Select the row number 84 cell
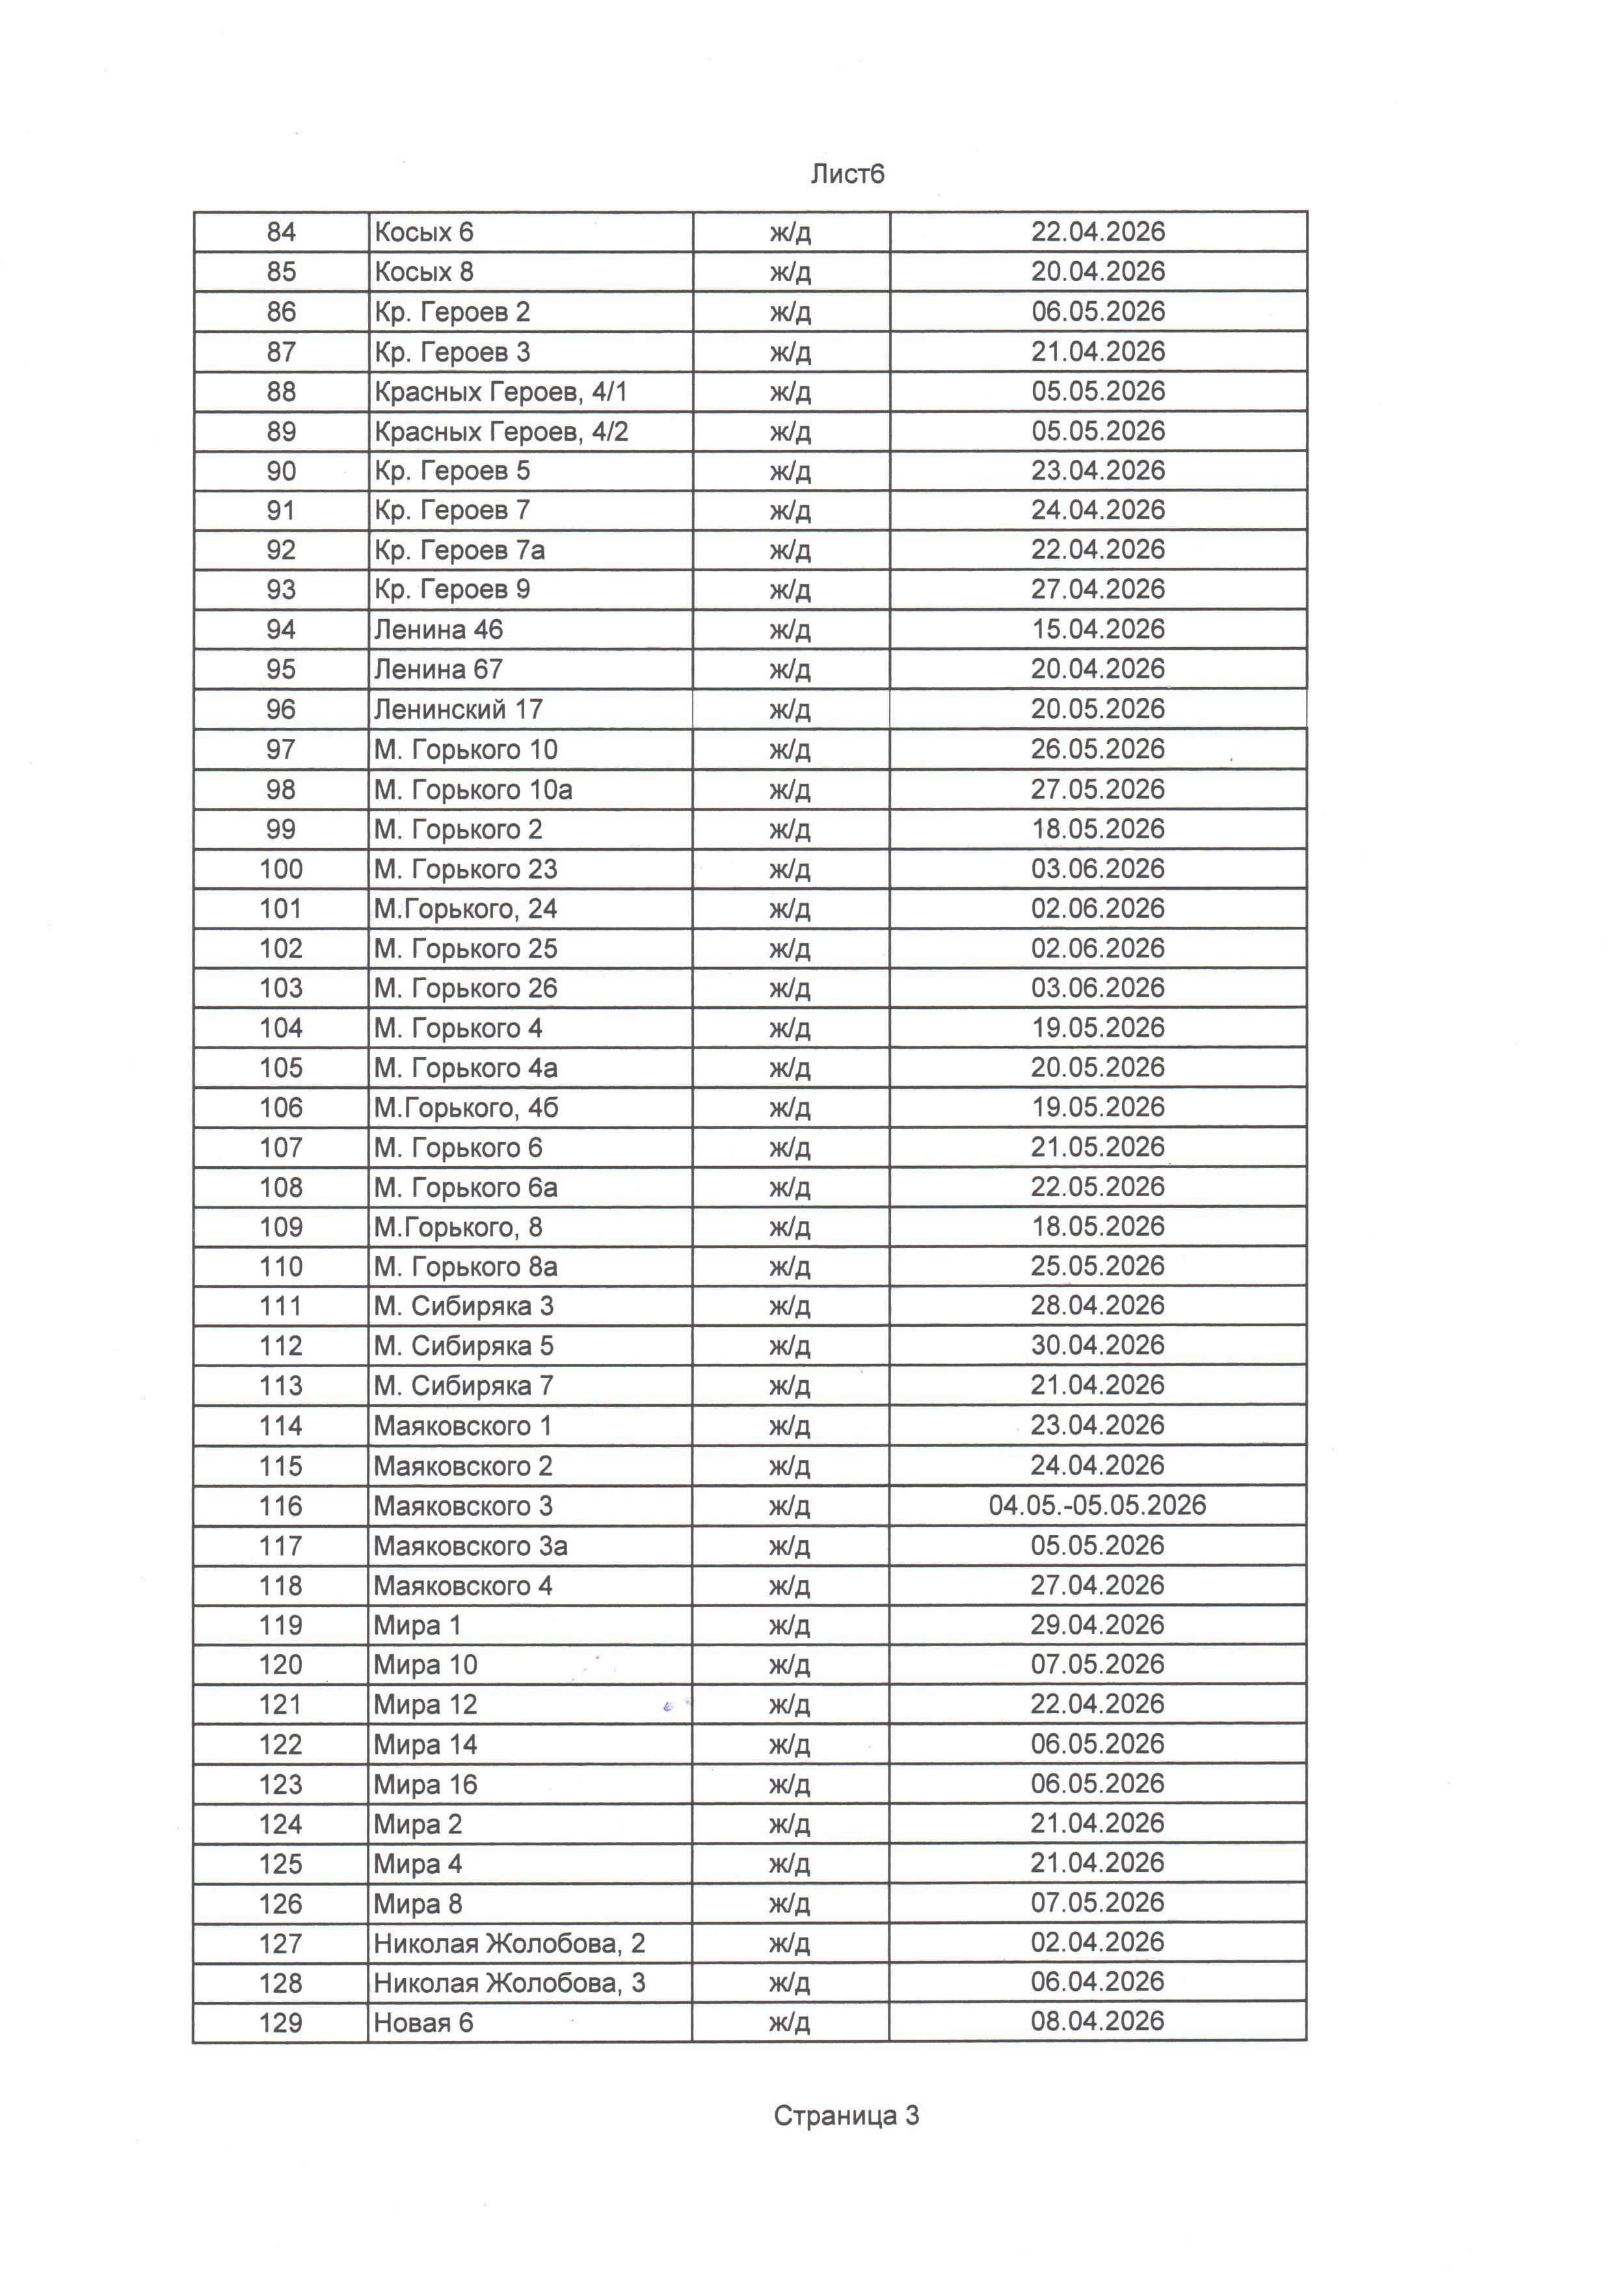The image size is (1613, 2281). [281, 232]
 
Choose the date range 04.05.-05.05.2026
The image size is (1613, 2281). [1097, 1505]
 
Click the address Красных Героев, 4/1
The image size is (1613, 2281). [501, 392]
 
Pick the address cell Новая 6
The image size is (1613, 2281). [423, 2023]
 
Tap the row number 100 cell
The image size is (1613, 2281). [281, 870]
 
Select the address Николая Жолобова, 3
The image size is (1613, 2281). [509, 1983]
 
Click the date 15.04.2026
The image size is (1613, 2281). [1097, 630]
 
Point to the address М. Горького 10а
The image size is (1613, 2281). [473, 790]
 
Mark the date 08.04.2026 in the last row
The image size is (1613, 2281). [1097, 2021]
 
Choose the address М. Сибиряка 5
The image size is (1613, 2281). [464, 1346]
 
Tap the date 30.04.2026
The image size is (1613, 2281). [1097, 1345]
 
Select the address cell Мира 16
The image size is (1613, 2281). [426, 1784]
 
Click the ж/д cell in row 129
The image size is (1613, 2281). [790, 2023]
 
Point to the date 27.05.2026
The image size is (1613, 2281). [1097, 790]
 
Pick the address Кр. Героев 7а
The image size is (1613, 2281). [459, 550]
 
